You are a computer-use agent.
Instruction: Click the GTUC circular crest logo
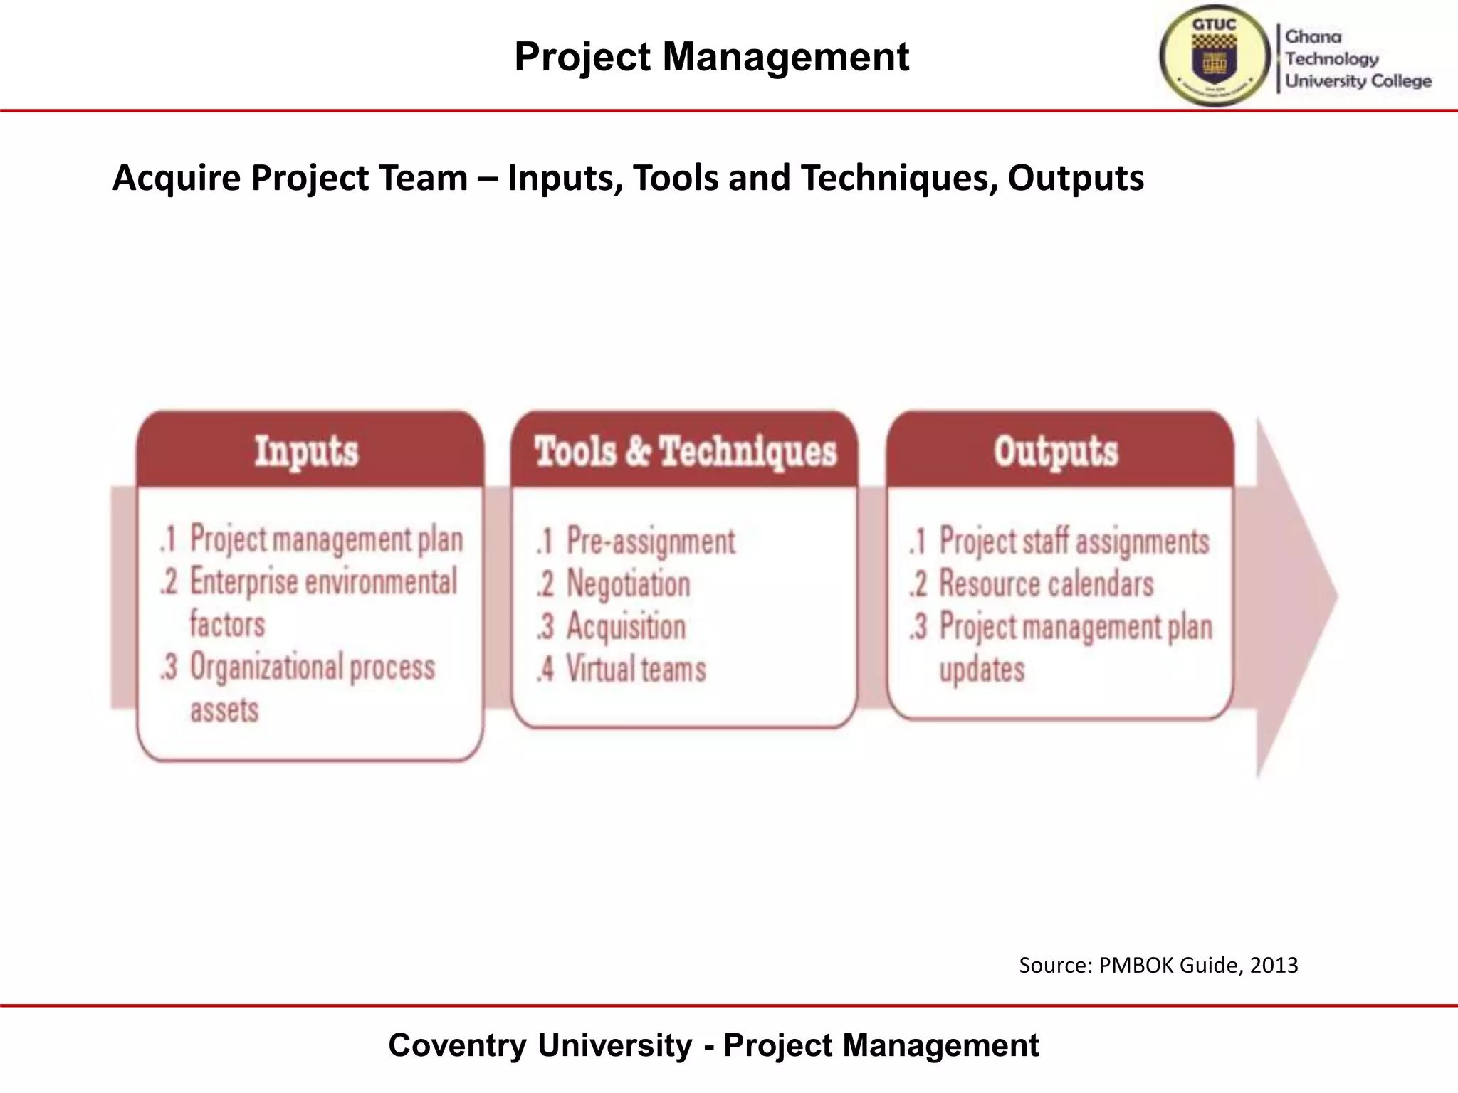pyautogui.click(x=1215, y=56)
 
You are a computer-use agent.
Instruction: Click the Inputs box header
pyautogui.click(x=307, y=451)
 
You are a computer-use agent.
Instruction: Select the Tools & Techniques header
pyautogui.click(x=686, y=451)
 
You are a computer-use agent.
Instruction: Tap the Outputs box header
pyautogui.click(x=1056, y=451)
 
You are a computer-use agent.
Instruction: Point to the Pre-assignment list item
pyautogui.click(x=650, y=542)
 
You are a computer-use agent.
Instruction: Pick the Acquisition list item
pyautogui.click(x=626, y=627)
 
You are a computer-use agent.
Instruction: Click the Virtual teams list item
pyautogui.click(x=636, y=670)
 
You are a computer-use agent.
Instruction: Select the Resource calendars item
pyautogui.click(x=1046, y=584)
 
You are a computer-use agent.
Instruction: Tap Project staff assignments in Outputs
pyautogui.click(x=1074, y=542)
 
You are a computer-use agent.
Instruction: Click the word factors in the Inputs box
pyautogui.click(x=227, y=624)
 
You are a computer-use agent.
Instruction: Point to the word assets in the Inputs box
pyautogui.click(x=224, y=710)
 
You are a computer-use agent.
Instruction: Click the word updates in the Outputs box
pyautogui.click(x=982, y=670)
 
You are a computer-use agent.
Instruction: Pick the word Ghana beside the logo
pyautogui.click(x=1313, y=37)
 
